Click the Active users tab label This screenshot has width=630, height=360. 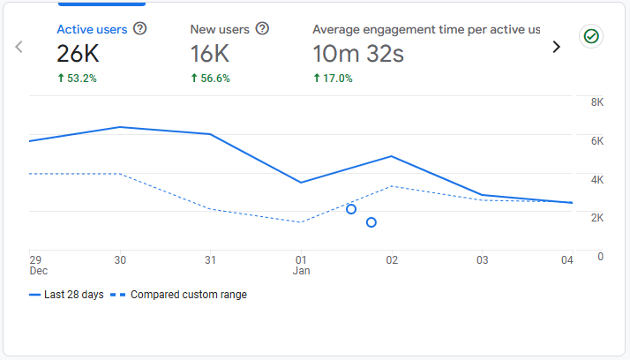pyautogui.click(x=92, y=29)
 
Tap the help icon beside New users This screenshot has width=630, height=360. pyautogui.click(x=262, y=29)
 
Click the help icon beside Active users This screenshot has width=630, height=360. pyautogui.click(x=139, y=29)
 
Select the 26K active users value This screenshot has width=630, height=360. pyautogui.click(x=79, y=54)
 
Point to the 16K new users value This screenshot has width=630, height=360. pyautogui.click(x=212, y=54)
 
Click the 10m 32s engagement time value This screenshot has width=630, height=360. pyautogui.click(x=358, y=54)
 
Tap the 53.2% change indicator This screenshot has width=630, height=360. pyautogui.click(x=77, y=79)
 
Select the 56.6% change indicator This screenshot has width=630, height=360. pyautogui.click(x=210, y=79)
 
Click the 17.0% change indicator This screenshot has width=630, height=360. pyautogui.click(x=333, y=79)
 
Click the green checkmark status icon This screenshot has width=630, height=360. pyautogui.click(x=590, y=36)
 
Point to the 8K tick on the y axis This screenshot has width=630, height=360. pyautogui.click(x=596, y=102)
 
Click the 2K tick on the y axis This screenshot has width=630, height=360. pyautogui.click(x=596, y=218)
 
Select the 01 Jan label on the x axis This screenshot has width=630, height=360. pyautogui.click(x=301, y=266)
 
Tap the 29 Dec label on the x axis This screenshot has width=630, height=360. pyautogui.click(x=35, y=266)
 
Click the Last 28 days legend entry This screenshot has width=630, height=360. pyautogui.click(x=65, y=295)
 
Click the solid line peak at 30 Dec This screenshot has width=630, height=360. pyautogui.click(x=120, y=127)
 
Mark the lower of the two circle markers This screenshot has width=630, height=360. pyautogui.click(x=371, y=222)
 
